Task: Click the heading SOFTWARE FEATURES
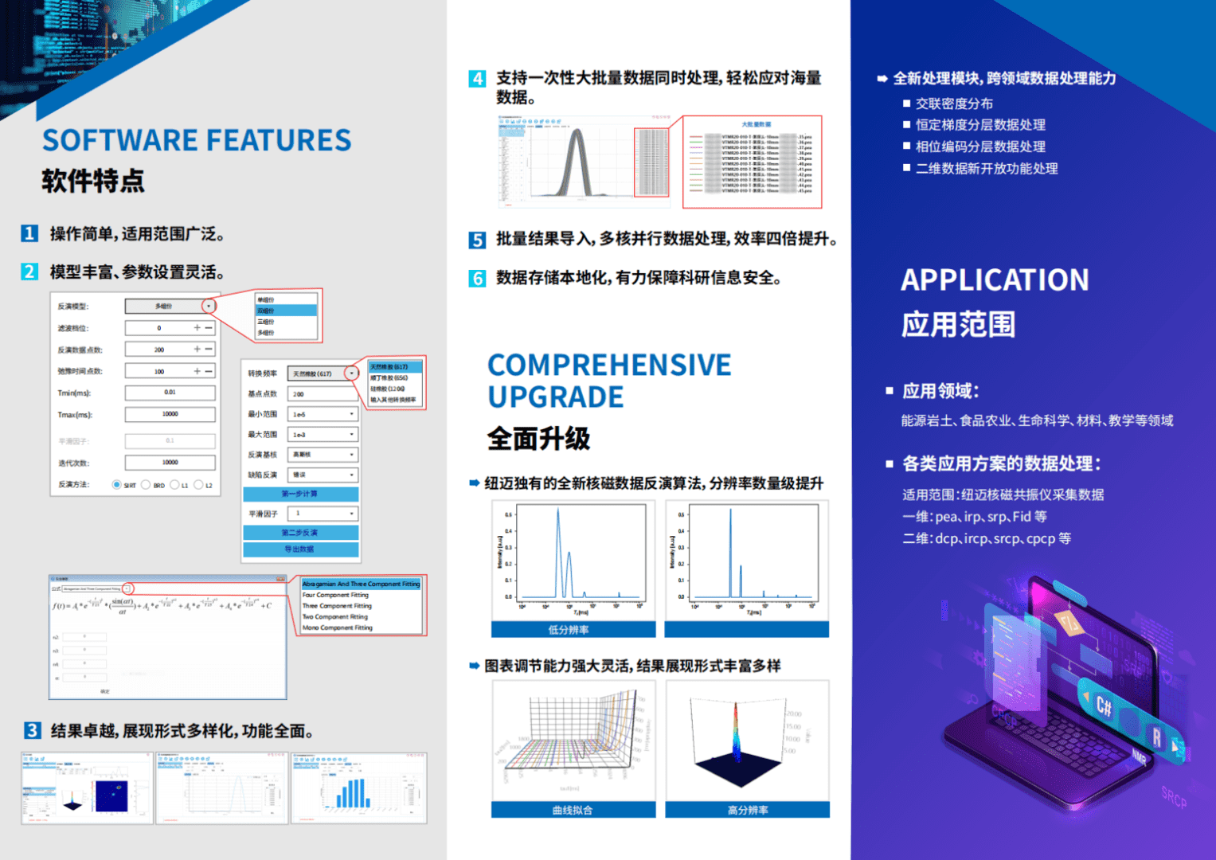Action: tap(197, 140)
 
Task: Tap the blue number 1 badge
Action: tap(29, 233)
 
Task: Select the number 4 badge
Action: tap(478, 78)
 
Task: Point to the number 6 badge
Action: tap(478, 278)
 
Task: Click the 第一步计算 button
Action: tap(300, 494)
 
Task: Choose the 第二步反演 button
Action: tap(300, 532)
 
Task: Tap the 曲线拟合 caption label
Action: tap(573, 810)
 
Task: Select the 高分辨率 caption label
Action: tap(747, 810)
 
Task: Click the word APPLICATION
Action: tap(995, 280)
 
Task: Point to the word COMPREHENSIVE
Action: tap(609, 365)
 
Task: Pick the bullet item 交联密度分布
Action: tap(954, 104)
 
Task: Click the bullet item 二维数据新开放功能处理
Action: tap(987, 169)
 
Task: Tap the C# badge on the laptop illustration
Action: tap(1104, 706)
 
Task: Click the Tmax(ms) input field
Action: tap(170, 414)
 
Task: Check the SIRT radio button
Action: tap(117, 484)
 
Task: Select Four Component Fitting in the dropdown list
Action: tap(335, 595)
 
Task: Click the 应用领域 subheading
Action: tap(940, 391)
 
